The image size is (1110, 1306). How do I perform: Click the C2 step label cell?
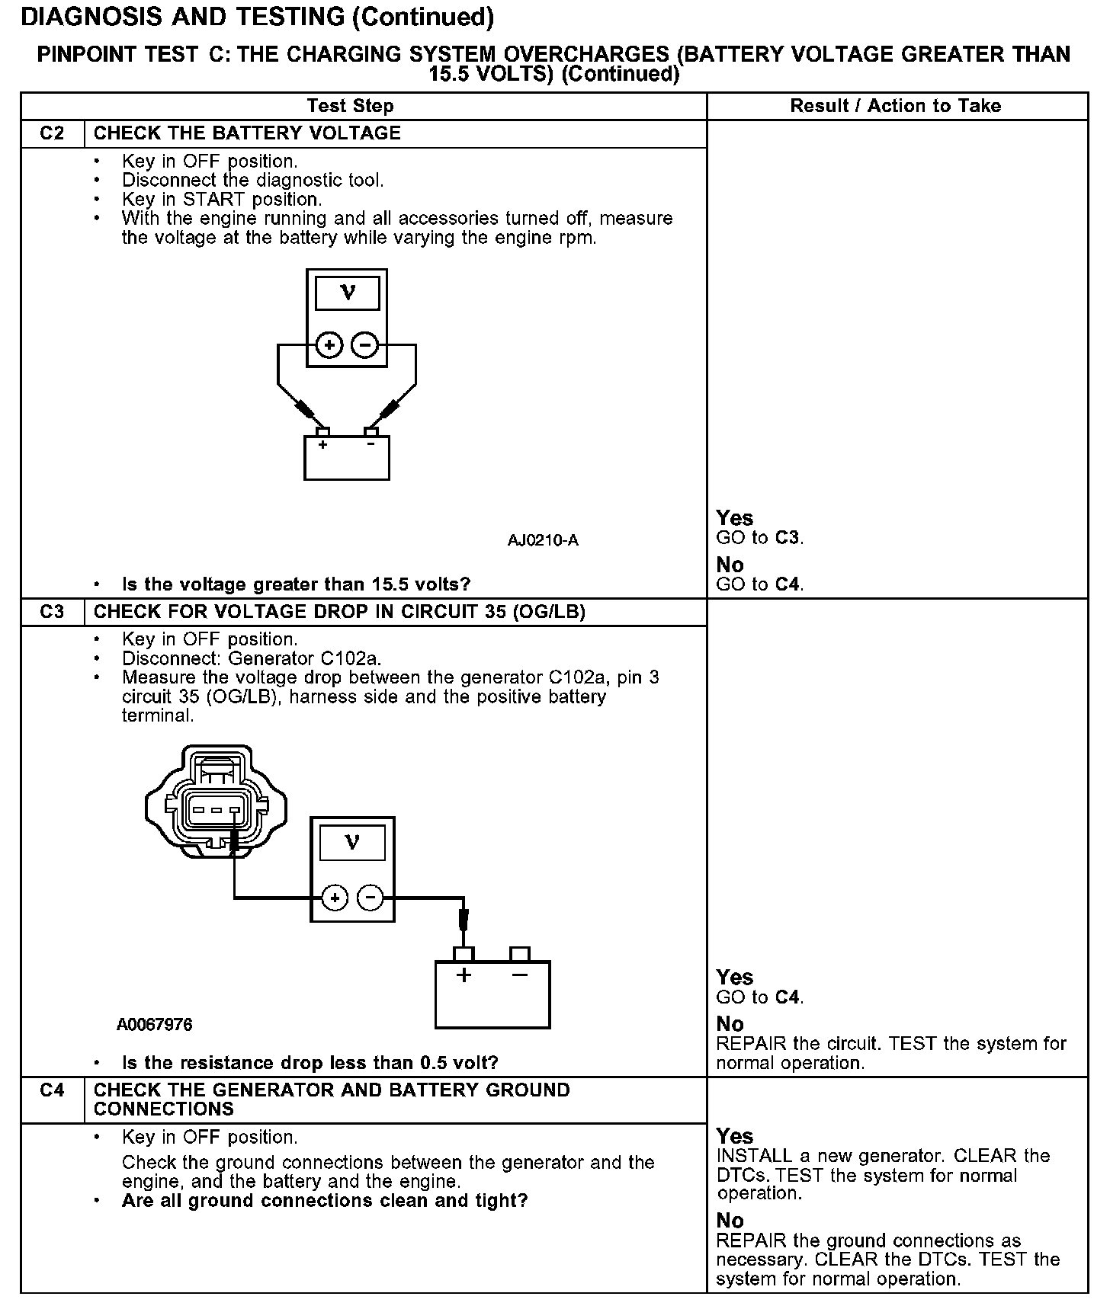click(52, 133)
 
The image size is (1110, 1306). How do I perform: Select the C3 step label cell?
click(52, 612)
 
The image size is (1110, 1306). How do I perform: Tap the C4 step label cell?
click(52, 1090)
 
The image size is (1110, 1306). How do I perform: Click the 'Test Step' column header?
click(350, 106)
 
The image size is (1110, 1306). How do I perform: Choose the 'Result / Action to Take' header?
click(896, 106)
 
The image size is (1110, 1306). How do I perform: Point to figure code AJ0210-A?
click(543, 541)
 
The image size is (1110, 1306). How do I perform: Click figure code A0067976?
click(155, 1025)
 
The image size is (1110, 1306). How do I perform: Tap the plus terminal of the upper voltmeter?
click(329, 346)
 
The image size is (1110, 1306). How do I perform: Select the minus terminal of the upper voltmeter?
click(365, 346)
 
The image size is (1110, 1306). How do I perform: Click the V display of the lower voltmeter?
click(352, 843)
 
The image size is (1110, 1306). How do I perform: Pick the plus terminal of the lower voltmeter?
click(334, 898)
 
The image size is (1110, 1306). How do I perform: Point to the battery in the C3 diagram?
click(492, 994)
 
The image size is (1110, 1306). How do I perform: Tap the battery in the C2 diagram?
click(347, 457)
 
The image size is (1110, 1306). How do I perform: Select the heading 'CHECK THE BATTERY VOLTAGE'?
click(247, 133)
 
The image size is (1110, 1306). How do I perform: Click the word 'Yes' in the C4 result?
click(735, 1136)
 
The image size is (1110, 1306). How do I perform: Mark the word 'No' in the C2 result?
click(730, 565)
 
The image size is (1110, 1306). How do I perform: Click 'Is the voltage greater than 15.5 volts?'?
click(296, 584)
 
